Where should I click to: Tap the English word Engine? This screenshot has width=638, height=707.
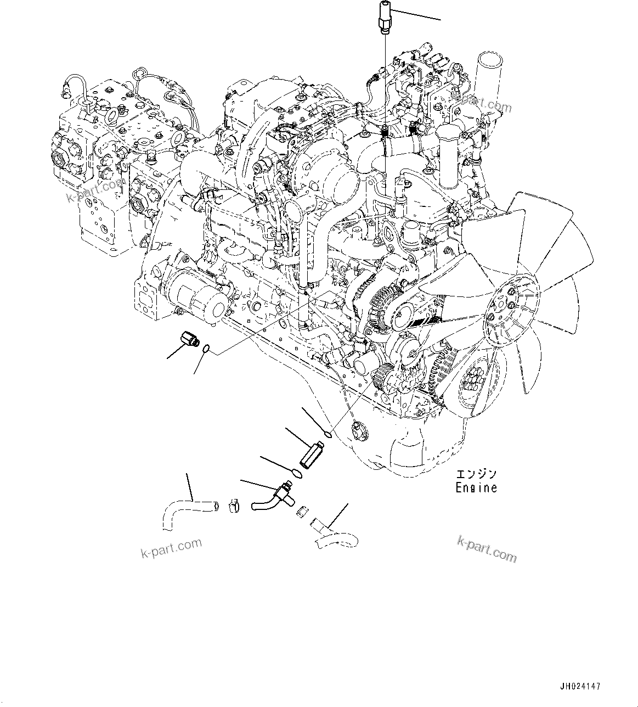pyautogui.click(x=476, y=488)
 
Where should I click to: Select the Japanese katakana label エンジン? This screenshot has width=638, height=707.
pyautogui.click(x=476, y=474)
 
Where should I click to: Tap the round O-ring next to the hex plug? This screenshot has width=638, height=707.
pyautogui.click(x=207, y=349)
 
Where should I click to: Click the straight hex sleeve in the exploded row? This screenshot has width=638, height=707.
pyautogui.click(x=312, y=454)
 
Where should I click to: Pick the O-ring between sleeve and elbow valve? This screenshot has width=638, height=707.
pyautogui.click(x=297, y=474)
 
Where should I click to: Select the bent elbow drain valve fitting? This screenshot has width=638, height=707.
pyautogui.click(x=275, y=496)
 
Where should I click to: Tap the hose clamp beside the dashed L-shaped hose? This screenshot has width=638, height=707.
pyautogui.click(x=233, y=506)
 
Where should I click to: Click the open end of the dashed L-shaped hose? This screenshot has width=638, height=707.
pyautogui.click(x=216, y=506)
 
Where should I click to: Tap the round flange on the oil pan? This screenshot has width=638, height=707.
pyautogui.click(x=360, y=431)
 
